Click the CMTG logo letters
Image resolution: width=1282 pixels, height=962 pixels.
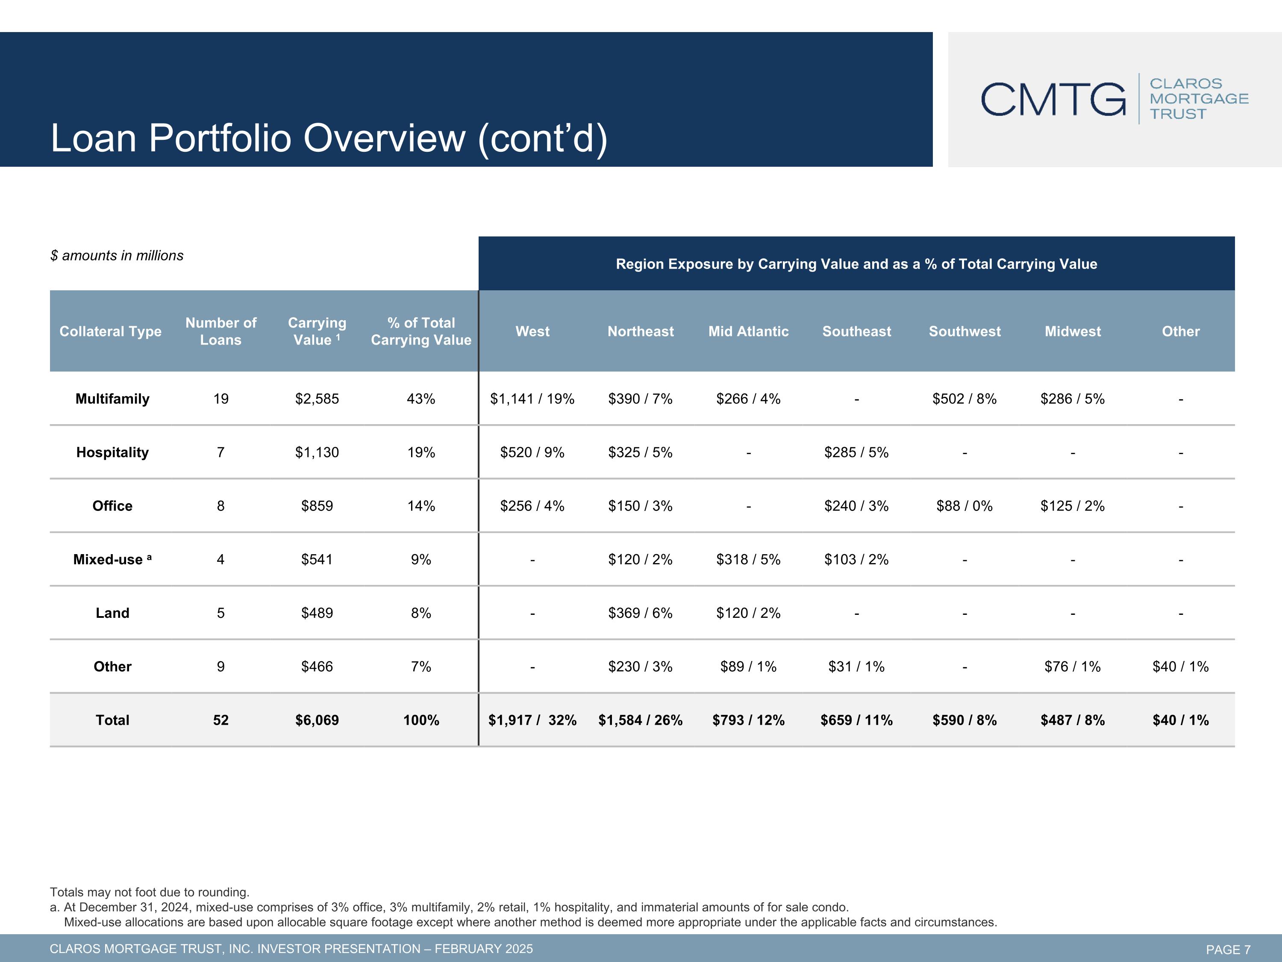point(1053,99)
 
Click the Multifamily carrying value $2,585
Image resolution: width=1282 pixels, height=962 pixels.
point(317,399)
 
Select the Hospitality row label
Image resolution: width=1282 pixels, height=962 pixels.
point(112,452)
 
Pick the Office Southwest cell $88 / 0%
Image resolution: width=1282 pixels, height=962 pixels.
point(964,506)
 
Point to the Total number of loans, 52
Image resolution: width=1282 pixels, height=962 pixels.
point(221,720)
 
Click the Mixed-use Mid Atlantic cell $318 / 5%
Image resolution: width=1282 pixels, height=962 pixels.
point(748,560)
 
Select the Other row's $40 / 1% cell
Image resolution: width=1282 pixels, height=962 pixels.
point(1181,667)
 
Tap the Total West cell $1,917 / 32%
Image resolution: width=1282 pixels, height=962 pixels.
point(532,720)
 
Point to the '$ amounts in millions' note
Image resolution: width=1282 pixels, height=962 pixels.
point(117,256)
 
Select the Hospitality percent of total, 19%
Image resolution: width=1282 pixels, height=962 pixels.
point(421,452)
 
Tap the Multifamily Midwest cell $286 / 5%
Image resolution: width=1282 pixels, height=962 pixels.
point(1072,399)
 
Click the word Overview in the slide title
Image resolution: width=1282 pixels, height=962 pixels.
point(384,138)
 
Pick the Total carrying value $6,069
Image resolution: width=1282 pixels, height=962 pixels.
point(317,720)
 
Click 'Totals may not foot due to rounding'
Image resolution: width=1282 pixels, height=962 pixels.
point(150,892)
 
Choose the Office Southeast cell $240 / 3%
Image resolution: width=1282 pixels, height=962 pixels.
point(856,506)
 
